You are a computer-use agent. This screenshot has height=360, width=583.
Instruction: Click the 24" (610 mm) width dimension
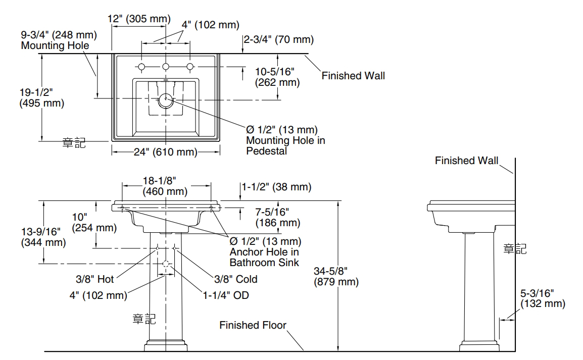166,151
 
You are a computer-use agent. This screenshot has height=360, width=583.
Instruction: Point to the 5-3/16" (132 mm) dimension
543,298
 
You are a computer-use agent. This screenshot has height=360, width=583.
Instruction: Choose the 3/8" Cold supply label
236,279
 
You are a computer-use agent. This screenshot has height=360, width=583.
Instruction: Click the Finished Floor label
253,325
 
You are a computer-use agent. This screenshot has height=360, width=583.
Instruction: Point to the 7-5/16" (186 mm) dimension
277,217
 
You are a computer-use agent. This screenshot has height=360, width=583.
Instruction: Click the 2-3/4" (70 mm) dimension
278,39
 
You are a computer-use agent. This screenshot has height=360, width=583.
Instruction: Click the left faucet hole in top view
142,67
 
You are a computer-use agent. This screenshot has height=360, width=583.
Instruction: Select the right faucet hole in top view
190,67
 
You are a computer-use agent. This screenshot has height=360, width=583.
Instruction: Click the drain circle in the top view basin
166,100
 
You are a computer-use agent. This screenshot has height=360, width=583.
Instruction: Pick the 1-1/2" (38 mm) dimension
277,187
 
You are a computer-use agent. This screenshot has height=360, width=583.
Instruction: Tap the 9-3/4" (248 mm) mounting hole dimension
59,40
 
